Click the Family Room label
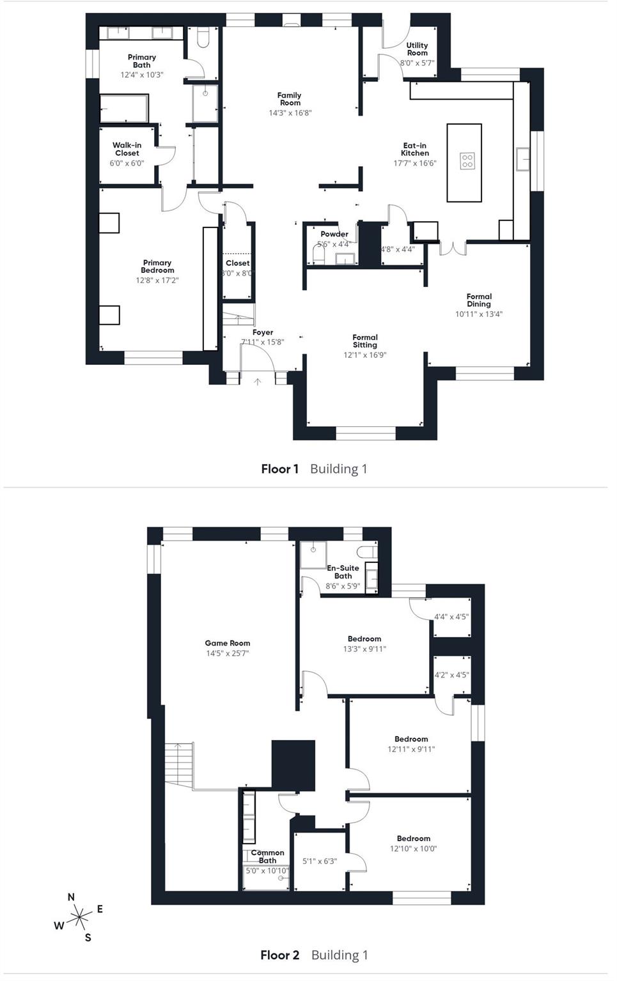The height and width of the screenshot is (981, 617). coord(290,99)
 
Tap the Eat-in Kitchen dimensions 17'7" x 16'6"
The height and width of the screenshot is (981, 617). coord(414,164)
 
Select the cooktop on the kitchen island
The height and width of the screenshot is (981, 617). coord(467,160)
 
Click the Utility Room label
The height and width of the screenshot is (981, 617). coord(417,49)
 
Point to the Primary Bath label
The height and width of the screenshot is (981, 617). coord(142,61)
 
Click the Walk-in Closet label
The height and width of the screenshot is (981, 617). coord(127,149)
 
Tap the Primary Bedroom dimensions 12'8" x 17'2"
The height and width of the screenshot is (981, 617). coord(157,280)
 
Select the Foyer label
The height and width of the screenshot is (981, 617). coord(263,332)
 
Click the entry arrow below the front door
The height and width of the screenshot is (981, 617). coord(258,382)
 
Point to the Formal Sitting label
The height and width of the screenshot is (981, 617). coord(365,341)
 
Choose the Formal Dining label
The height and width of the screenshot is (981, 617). coord(479,300)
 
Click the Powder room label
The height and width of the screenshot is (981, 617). coord(334,234)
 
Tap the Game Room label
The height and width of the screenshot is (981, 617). coord(228,643)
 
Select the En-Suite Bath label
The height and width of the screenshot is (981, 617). coord(343,571)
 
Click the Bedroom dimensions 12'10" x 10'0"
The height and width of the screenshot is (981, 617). coord(414,849)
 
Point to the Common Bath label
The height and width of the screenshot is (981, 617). coord(267,856)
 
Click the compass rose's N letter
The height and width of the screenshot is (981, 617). coord(71,897)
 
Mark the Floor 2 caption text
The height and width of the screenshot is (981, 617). coord(279,955)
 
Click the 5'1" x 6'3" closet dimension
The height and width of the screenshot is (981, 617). coord(320,861)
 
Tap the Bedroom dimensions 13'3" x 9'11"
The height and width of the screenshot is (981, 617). coord(364,649)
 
